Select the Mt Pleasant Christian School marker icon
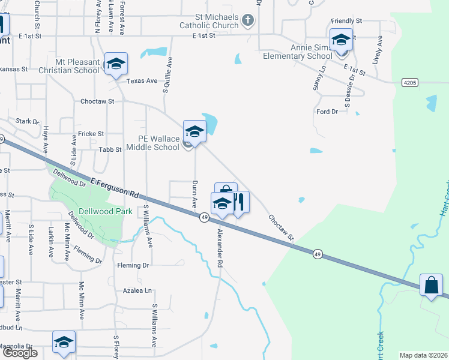pyautogui.click(x=115, y=64)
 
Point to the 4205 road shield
pyautogui.click(x=410, y=82)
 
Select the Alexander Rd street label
pyautogui.click(x=220, y=247)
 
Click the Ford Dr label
pyautogui.click(x=327, y=112)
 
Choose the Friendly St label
pyautogui.click(x=346, y=21)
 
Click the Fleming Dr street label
pyautogui.click(x=133, y=265)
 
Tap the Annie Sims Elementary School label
pyautogui.click(x=298, y=52)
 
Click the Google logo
pyautogui.click(x=20, y=353)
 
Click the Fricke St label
pyautogui.click(x=91, y=134)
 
